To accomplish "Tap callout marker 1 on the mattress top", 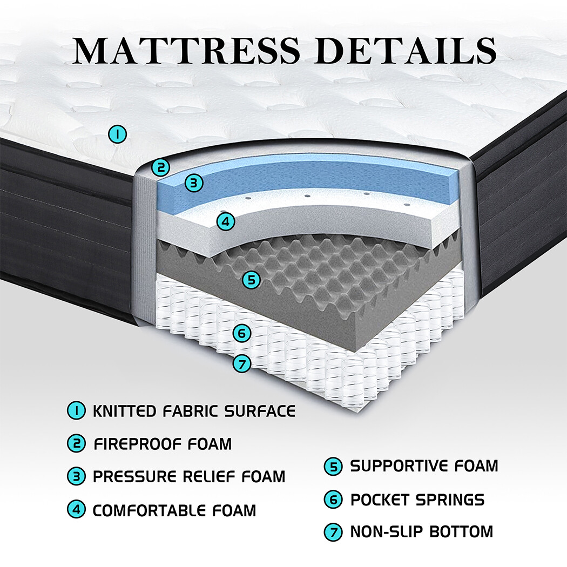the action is pyautogui.click(x=117, y=133).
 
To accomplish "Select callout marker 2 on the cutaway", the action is pyautogui.click(x=160, y=167).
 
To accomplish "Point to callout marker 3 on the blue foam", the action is pyautogui.click(x=194, y=183).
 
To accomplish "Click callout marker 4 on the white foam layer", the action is pyautogui.click(x=226, y=221).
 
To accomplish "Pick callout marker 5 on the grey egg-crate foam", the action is pyautogui.click(x=251, y=279).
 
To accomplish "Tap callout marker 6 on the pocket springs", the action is pyautogui.click(x=242, y=333).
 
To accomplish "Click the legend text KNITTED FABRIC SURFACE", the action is pyautogui.click(x=194, y=411).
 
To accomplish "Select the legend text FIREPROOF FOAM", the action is pyautogui.click(x=163, y=444).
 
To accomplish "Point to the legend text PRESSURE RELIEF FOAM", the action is pyautogui.click(x=189, y=477).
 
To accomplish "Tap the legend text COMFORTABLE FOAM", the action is pyautogui.click(x=174, y=510).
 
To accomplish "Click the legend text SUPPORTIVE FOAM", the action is pyautogui.click(x=424, y=465).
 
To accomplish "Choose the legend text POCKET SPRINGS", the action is pyautogui.click(x=417, y=500).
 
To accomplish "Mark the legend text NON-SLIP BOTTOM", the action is pyautogui.click(x=422, y=531).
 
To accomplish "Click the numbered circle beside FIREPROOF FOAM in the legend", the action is pyautogui.click(x=77, y=444).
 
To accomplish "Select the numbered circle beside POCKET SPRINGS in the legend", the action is pyautogui.click(x=333, y=500).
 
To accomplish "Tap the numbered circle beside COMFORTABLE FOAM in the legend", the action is pyautogui.click(x=77, y=510).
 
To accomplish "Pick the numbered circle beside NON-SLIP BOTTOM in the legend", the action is pyautogui.click(x=333, y=532).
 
